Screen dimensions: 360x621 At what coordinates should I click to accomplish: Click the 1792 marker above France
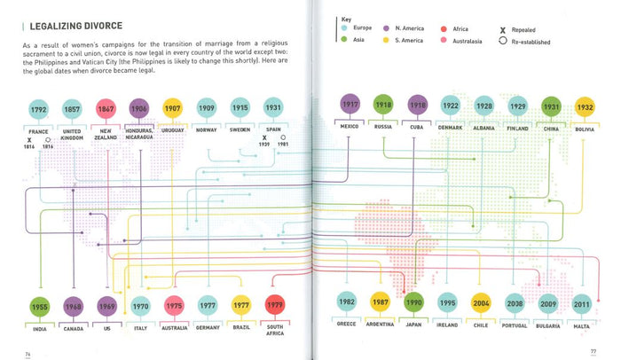[37, 111]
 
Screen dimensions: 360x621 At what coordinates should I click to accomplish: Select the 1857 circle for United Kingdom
[71, 111]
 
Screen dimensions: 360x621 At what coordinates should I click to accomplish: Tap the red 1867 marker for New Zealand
[106, 111]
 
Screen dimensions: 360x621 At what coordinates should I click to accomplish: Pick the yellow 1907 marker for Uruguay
[173, 109]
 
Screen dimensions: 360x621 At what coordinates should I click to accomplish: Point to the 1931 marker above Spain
[273, 109]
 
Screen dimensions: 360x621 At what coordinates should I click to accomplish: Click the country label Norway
[206, 130]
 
